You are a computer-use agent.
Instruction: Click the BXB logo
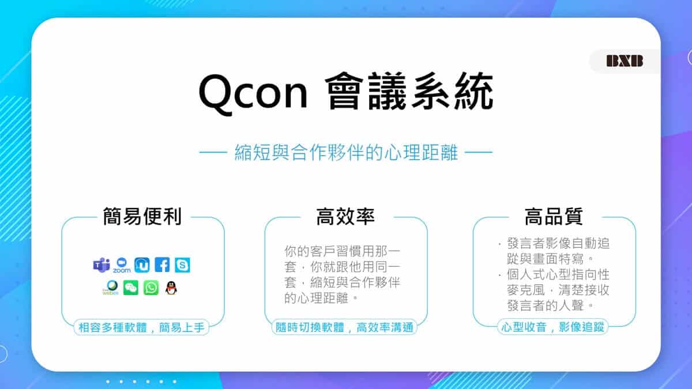coord(625,61)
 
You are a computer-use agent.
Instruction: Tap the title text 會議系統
coord(409,93)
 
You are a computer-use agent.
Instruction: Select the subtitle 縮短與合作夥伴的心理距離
coord(346,153)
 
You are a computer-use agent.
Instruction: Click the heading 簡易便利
coord(142,217)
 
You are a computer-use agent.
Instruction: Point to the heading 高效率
coord(345,217)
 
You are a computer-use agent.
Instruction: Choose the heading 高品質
coord(554,217)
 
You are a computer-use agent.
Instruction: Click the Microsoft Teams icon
coord(101,265)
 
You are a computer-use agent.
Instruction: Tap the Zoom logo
coord(122,265)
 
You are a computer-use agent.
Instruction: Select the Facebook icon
coord(162,265)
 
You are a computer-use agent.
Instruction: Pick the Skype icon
coord(182,265)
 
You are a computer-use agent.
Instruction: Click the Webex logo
coord(111,288)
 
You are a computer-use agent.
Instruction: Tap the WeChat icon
coord(131,288)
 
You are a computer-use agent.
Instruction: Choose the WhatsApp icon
coord(151,288)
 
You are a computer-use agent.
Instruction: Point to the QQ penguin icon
coord(171,288)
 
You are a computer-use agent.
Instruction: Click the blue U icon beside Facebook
coord(142,265)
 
